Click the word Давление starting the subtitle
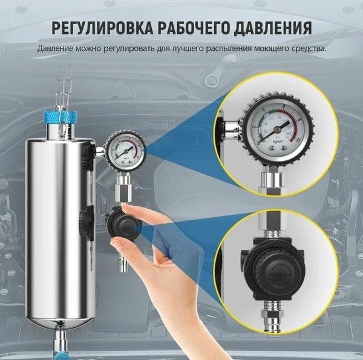tap(56, 48)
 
